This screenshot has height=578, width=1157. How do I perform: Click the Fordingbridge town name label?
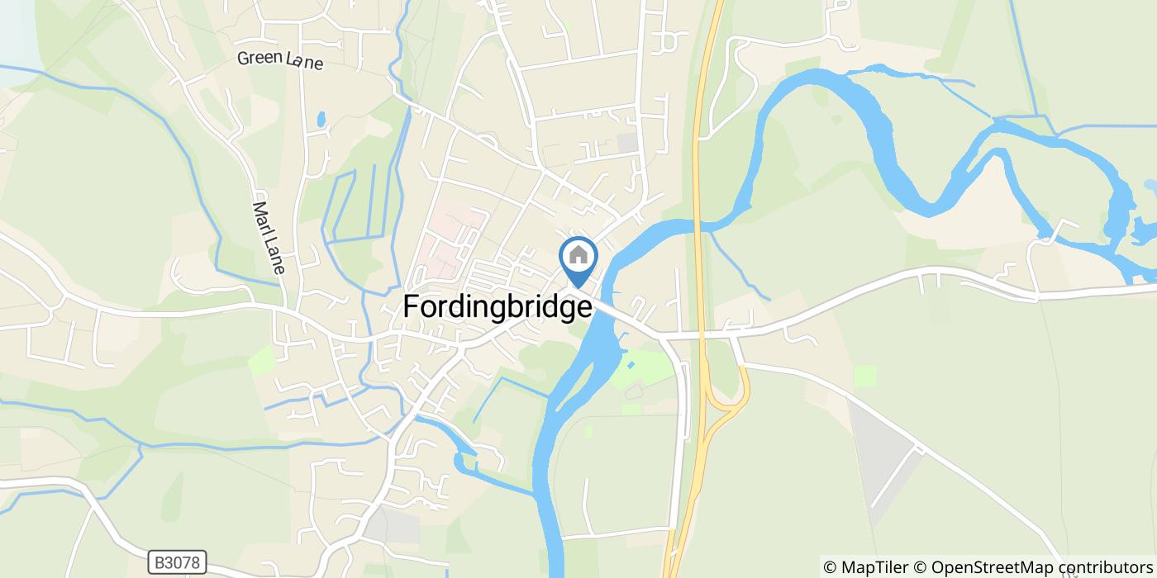pyautogui.click(x=498, y=307)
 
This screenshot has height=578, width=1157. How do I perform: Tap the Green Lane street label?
pyautogui.click(x=279, y=59)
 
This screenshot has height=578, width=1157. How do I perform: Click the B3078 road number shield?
pyautogui.click(x=178, y=562)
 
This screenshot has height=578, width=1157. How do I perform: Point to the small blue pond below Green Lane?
pyautogui.click(x=321, y=120)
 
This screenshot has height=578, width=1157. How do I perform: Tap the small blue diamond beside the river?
pyautogui.click(x=631, y=364)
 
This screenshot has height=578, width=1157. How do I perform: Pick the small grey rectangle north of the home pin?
pyautogui.click(x=628, y=142)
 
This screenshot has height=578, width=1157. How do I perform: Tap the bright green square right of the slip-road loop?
pyautogui.click(x=864, y=376)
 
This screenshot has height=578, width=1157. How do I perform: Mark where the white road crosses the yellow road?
pyautogui.click(x=702, y=335)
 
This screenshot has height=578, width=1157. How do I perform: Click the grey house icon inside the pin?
pyautogui.click(x=578, y=255)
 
